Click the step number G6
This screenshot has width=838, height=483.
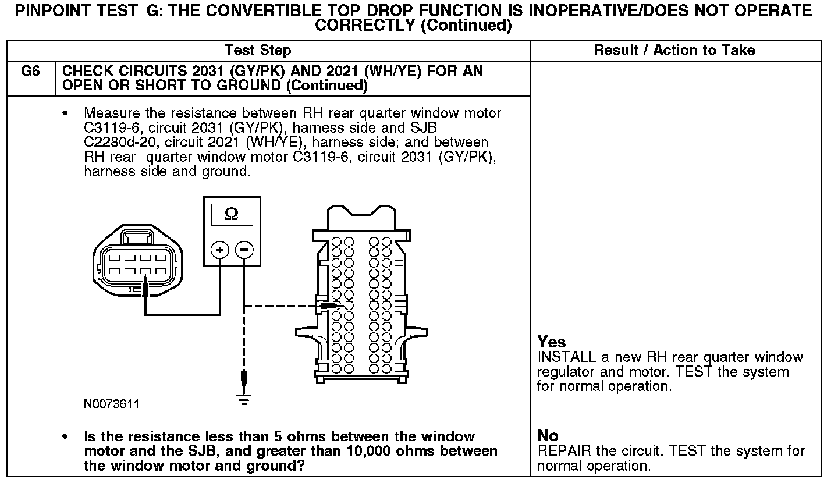coord(30,72)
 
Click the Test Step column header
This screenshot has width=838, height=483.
coord(258,50)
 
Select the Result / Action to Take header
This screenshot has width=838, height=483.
coord(674,50)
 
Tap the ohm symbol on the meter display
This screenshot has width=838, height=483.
coord(231,215)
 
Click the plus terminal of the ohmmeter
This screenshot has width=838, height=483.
coord(219,250)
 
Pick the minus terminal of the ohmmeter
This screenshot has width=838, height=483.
coord(244,250)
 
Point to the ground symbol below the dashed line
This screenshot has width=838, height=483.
coord(244,399)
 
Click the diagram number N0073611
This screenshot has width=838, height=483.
coord(112,404)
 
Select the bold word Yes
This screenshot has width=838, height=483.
coord(551,342)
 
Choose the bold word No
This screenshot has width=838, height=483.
coord(548,436)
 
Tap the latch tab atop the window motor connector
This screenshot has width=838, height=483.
coord(138,237)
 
